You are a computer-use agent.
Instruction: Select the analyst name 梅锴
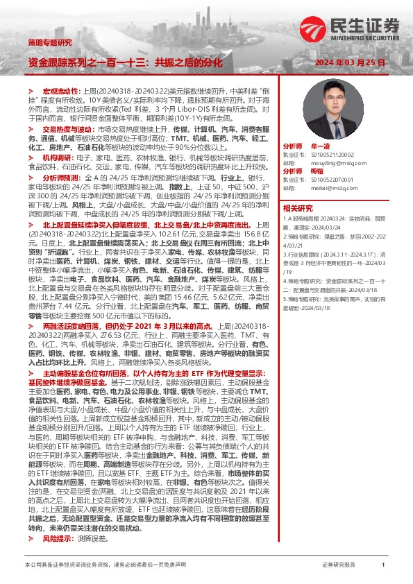click(319, 171)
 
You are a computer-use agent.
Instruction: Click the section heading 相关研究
click(298, 207)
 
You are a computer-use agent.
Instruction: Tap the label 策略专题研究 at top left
click(49, 42)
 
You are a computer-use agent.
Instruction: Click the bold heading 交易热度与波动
click(68, 129)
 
